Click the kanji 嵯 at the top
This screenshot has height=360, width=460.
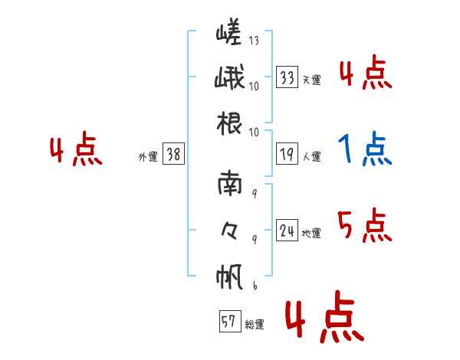click(x=228, y=33)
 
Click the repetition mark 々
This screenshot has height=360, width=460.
click(x=229, y=229)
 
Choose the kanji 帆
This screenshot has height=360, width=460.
click(x=229, y=275)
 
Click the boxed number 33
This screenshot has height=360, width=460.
click(x=287, y=78)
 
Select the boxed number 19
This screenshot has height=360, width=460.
click(x=287, y=154)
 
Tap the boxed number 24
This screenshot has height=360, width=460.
click(x=287, y=230)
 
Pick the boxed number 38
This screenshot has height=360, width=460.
click(x=172, y=154)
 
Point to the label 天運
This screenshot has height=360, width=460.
click(x=311, y=80)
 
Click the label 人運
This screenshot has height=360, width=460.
click(x=311, y=155)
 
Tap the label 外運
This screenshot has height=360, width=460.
click(x=147, y=155)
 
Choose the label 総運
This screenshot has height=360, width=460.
click(x=255, y=324)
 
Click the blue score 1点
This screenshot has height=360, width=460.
click(x=364, y=150)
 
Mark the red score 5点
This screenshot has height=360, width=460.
click(x=364, y=225)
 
